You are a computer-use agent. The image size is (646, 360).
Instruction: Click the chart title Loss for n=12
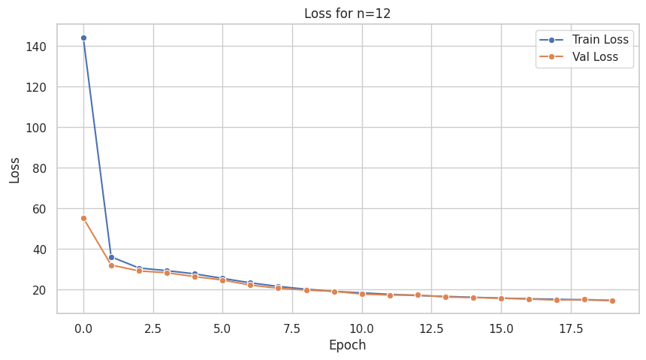pos(347,13)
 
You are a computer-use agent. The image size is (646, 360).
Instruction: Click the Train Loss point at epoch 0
pos(83,38)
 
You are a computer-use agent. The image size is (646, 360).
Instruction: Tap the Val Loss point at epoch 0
pos(83,218)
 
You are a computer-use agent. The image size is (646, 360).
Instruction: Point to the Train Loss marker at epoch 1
pos(111,257)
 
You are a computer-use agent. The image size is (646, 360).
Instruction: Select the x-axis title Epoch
pos(347,346)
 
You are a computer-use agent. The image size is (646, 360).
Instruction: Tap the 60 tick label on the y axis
pos(40,209)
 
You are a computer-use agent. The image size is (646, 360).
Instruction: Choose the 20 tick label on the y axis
pos(40,290)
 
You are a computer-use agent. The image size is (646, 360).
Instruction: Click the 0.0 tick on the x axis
pos(83,328)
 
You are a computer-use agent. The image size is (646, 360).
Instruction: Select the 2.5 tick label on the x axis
pos(153,328)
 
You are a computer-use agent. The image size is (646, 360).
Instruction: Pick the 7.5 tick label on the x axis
pos(292,328)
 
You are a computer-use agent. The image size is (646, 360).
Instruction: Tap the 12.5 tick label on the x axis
pos(431,328)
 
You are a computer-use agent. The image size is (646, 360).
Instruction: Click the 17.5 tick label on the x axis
pos(570,328)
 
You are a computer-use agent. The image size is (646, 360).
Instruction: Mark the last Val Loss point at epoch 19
pos(612,301)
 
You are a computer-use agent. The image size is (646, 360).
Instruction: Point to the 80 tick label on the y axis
pos(40,168)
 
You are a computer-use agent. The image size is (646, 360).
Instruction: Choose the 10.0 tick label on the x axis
pos(362,328)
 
